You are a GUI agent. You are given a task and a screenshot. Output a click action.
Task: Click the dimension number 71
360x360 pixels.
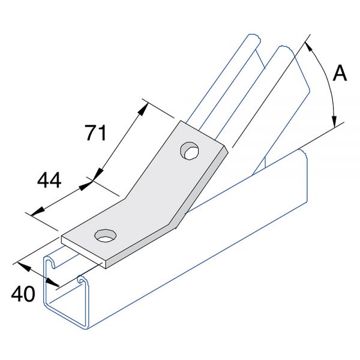click(96, 133)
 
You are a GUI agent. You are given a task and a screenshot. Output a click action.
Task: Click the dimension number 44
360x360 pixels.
click(49, 180)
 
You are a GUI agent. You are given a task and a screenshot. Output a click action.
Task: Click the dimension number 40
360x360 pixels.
click(23, 293)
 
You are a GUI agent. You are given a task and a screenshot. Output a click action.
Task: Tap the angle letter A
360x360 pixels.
click(340, 73)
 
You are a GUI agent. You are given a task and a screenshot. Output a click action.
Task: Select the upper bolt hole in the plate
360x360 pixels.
click(190, 151)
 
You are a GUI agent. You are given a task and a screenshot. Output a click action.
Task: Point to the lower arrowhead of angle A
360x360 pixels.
click(335, 121)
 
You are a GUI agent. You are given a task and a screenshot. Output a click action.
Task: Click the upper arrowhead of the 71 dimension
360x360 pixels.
click(142, 110)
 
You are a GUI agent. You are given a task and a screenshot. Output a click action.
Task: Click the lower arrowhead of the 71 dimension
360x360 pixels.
click(98, 174)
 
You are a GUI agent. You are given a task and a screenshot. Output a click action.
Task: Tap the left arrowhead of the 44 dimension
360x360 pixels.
click(37, 211)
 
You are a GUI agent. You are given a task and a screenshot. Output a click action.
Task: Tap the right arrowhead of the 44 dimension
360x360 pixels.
click(86, 185)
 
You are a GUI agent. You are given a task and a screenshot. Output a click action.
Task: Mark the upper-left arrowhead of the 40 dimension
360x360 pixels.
click(23, 267)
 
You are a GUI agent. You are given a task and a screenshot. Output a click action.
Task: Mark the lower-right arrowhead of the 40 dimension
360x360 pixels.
click(53, 283)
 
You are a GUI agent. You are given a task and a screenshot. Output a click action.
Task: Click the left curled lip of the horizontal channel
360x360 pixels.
click(50, 262)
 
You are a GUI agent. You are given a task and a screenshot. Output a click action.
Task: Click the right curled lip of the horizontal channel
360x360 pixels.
click(82, 279)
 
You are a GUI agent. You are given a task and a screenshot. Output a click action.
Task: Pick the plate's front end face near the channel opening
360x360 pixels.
click(83, 253)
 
